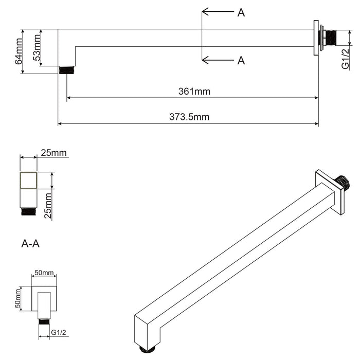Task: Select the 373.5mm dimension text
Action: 189,117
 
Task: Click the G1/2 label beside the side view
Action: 346,59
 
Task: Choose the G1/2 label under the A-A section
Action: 59,333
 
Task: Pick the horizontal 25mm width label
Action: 54,153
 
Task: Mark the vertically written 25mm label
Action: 48,206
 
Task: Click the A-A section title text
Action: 30,243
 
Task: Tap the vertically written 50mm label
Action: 19,299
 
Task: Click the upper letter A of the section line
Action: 241,13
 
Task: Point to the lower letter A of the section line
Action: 241,61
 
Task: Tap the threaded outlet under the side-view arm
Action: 64,70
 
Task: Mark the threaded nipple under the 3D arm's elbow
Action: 148,349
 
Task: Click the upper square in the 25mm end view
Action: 28,181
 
